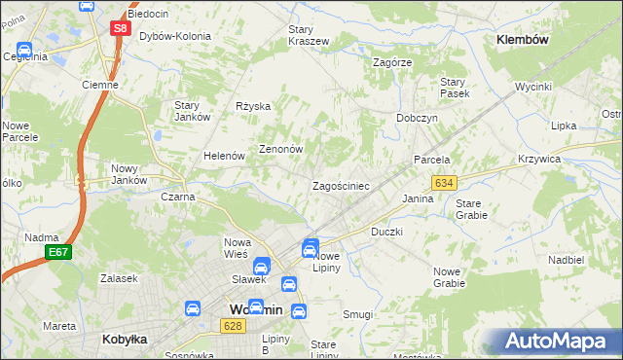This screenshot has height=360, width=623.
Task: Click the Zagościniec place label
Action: pos(339,185)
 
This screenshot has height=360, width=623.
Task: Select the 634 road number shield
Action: pos(445,183)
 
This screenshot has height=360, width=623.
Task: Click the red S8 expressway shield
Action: pos(119,28)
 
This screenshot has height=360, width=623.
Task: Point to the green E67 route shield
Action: pos(57,252)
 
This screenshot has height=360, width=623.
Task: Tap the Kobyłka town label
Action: pos(124,340)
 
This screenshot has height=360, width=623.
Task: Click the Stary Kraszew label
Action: pos(308,36)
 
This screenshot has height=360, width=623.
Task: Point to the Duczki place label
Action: pos(386,233)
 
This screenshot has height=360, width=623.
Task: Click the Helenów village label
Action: pos(222,156)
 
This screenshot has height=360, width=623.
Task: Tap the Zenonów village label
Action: pos(281,150)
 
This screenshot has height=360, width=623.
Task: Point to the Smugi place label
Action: pos(357,314)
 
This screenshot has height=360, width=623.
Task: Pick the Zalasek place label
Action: pos(117,278)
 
